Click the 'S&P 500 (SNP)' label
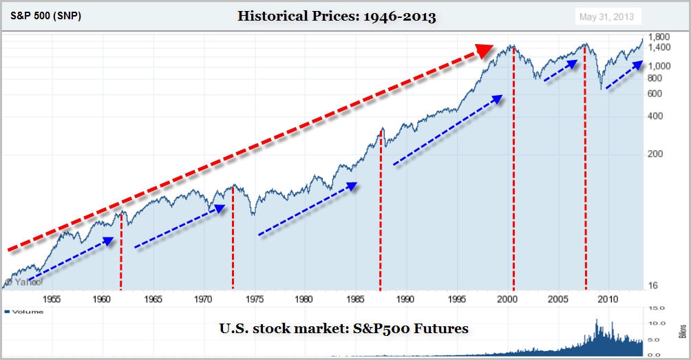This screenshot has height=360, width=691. coord(45,16)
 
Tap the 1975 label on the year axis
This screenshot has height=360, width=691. coord(254,299)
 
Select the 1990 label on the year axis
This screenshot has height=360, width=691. coord(405,299)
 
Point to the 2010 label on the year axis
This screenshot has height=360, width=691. coord(608,299)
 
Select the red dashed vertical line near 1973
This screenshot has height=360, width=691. coord(233,237)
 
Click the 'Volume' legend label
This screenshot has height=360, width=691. coord(28,312)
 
